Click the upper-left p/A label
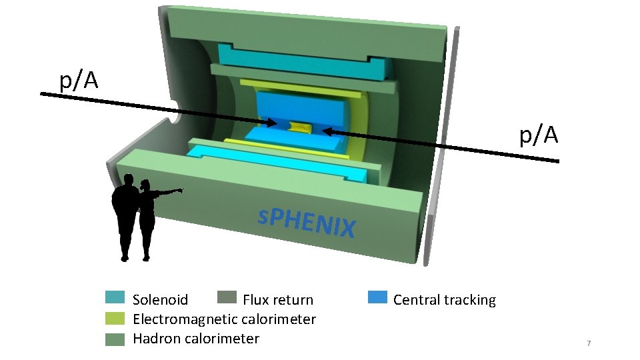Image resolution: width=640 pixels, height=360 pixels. pos(79,81)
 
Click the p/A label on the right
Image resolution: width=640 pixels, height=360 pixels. pos(538,135)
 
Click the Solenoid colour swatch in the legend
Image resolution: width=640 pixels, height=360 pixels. pos(115,299)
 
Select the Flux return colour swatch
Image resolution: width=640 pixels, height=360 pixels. pos(227,297)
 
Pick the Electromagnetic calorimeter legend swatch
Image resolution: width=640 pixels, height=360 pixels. pos(115,319)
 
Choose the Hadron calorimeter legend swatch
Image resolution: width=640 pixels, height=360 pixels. pos(115,339)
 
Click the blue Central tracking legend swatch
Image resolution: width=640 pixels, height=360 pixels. pos(377,297)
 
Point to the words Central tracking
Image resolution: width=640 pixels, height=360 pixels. pos(444,300)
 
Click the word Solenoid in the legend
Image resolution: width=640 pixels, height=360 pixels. pos(160,300)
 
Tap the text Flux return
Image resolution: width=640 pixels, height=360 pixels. pos(277,300)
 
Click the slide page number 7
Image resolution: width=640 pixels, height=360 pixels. pos(588,343)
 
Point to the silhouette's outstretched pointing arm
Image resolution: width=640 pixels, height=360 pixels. pos(169,192)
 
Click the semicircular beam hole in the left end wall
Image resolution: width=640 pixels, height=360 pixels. pos(177,117)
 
